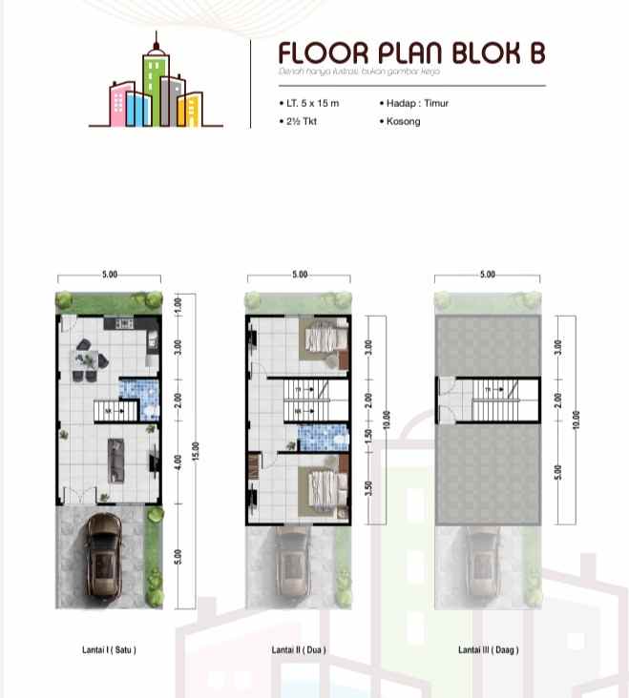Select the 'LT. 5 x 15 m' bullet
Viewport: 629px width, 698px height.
click(x=307, y=103)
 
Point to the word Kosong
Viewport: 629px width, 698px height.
click(x=402, y=122)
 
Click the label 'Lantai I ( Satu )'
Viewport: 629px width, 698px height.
click(x=109, y=650)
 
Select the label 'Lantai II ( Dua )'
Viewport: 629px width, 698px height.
click(x=299, y=650)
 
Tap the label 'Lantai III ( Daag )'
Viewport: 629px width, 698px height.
click(x=488, y=650)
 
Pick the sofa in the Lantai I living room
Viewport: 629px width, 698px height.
click(x=117, y=457)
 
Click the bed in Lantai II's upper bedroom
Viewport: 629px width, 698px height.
click(x=323, y=343)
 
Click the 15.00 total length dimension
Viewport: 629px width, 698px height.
click(x=195, y=452)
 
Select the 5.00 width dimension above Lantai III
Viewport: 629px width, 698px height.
click(x=488, y=275)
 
